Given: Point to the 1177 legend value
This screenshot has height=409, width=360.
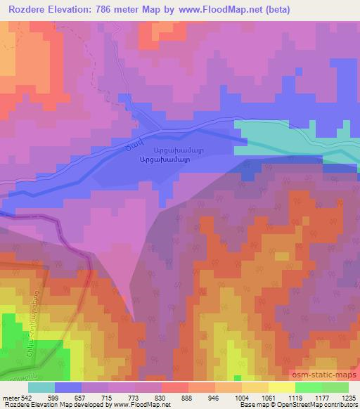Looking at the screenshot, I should pyautogui.click(x=322, y=397).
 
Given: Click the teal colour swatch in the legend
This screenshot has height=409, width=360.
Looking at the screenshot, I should pyautogui.click(x=41, y=387).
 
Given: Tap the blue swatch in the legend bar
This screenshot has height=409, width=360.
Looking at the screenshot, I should pyautogui.click(x=68, y=387).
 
